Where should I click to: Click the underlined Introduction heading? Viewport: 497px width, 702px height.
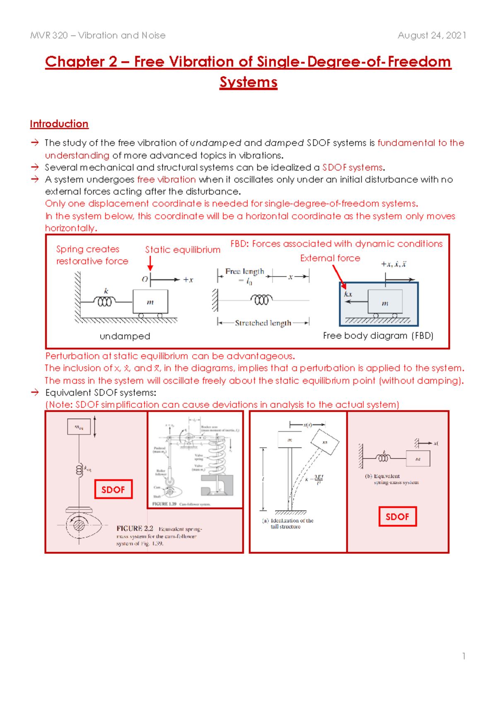click(x=59, y=124)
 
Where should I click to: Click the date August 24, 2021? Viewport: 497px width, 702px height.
click(x=432, y=36)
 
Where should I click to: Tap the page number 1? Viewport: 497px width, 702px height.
click(x=464, y=656)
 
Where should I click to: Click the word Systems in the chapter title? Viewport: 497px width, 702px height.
click(x=248, y=82)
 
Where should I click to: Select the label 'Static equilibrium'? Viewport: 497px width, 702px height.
click(x=183, y=250)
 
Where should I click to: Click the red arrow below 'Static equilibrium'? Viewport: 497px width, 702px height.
click(x=150, y=263)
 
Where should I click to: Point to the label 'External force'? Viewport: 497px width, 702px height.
click(x=330, y=258)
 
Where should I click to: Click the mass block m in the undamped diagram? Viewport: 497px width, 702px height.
click(x=150, y=302)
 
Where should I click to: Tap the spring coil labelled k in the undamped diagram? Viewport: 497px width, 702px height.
click(x=104, y=301)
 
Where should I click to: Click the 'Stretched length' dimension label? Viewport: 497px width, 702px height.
click(x=263, y=323)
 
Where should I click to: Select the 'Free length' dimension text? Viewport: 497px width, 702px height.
click(x=244, y=272)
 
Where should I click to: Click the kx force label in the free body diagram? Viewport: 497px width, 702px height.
click(x=348, y=294)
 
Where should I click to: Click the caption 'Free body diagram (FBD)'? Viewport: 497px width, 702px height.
click(x=378, y=336)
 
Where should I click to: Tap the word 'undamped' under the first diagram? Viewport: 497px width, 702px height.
click(x=125, y=337)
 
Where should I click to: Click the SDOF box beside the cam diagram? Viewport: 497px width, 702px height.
click(x=113, y=489)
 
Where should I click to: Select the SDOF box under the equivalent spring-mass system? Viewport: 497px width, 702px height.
click(x=397, y=517)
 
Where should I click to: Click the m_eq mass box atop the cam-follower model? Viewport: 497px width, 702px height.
click(x=79, y=427)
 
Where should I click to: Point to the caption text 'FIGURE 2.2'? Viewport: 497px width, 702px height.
click(x=135, y=529)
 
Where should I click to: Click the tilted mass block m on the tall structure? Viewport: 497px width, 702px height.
click(x=325, y=442)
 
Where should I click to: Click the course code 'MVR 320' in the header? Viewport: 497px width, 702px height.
click(x=49, y=36)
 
